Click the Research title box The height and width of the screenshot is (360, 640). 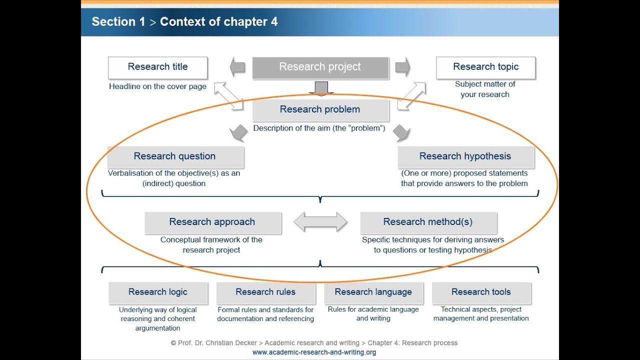(157, 67)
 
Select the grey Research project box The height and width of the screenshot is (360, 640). (320, 67)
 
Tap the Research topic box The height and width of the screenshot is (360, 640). (485, 67)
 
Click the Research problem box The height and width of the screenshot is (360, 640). (320, 109)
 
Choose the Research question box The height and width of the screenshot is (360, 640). (175, 156)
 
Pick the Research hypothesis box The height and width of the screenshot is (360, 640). (465, 156)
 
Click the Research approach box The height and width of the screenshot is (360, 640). (212, 222)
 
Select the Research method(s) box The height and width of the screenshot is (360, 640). (428, 222)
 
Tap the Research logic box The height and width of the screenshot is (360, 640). (158, 292)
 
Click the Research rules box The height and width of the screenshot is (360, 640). (265, 292)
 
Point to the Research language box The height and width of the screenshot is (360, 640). (373, 292)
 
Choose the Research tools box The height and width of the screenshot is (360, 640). (481, 292)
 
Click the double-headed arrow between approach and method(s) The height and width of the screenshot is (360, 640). (320, 222)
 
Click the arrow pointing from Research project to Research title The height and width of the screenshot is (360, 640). (237, 67)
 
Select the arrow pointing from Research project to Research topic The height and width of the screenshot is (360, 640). (402, 67)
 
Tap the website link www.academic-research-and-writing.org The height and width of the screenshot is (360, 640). (314, 352)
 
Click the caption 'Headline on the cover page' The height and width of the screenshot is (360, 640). (157, 86)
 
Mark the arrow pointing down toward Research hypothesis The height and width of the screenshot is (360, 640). (401, 133)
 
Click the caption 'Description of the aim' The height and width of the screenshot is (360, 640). (319, 128)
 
